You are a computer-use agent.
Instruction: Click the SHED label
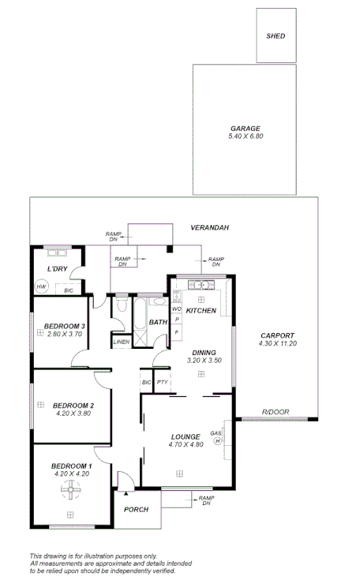(276, 36)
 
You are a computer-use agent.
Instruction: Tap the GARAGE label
(245, 129)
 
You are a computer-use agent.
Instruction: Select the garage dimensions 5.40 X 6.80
(245, 137)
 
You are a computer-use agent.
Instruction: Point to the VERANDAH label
(209, 228)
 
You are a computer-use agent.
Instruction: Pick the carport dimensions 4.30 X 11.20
(276, 344)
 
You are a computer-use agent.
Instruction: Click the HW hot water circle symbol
(41, 286)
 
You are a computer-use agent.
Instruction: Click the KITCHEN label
(201, 311)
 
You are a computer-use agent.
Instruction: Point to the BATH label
(158, 322)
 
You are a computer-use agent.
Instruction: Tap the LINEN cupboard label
(121, 342)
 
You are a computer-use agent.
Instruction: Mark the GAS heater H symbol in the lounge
(217, 441)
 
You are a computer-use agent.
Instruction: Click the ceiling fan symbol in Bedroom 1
(69, 493)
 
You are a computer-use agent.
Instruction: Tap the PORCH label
(137, 510)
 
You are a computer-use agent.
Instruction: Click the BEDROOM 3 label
(65, 326)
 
